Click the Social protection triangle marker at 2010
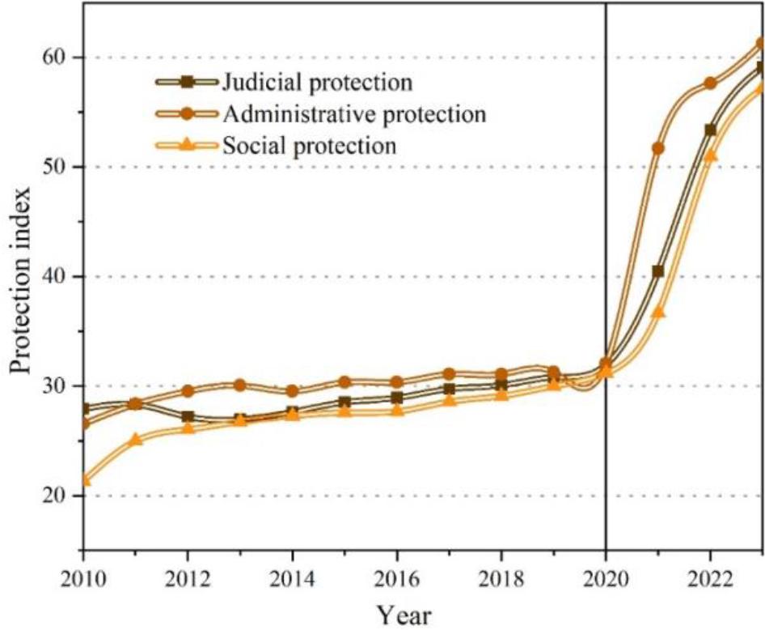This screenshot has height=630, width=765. (x=84, y=479)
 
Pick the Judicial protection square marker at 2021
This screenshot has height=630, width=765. (x=657, y=271)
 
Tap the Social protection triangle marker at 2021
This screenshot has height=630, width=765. (x=657, y=311)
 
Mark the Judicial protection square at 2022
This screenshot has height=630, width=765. (x=710, y=130)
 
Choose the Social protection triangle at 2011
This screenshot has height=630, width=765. (x=136, y=439)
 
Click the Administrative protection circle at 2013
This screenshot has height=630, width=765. (x=240, y=385)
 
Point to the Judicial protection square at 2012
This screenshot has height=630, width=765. (x=188, y=416)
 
